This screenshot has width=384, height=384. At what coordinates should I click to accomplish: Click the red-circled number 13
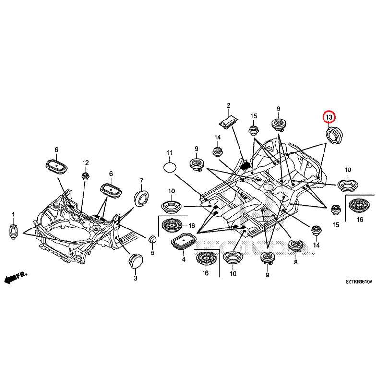point(329,117)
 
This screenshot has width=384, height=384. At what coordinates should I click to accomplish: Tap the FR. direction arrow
point(16,277)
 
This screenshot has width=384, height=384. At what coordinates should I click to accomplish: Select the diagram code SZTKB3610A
point(359,282)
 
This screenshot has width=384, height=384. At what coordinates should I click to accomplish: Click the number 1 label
point(13,215)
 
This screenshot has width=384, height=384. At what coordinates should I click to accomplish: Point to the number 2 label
point(228,105)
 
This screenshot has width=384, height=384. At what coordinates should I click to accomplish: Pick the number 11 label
point(170,153)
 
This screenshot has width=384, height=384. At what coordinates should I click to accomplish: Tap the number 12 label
point(85,163)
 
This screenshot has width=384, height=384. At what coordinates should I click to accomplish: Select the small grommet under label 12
point(85,176)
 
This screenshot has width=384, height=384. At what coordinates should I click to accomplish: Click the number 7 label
point(141,180)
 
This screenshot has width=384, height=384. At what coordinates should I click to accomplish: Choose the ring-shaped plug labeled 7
point(142,198)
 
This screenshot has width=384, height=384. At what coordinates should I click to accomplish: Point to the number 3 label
point(135,278)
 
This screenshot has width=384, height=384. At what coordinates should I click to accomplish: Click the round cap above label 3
point(135,261)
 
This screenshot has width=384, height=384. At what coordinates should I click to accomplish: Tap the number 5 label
point(152,253)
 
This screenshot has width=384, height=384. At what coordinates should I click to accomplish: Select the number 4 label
point(184,259)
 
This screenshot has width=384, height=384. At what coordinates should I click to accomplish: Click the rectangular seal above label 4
point(184,241)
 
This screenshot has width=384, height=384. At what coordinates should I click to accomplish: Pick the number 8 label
point(296,262)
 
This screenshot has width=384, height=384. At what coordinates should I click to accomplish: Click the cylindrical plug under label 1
point(13,231)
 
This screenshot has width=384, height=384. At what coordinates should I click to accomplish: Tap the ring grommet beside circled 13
point(334,135)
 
